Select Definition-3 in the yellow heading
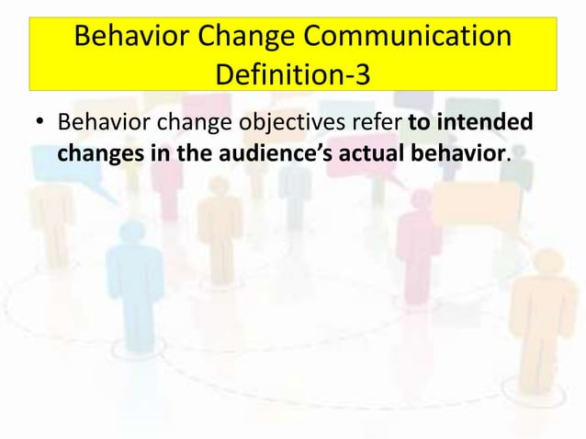coord(293,73)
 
